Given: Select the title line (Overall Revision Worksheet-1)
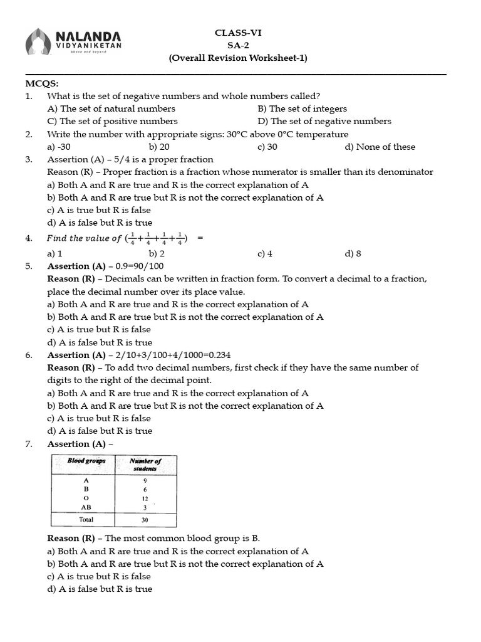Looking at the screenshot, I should tap(238, 58).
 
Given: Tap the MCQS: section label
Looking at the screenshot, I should tap(42, 83).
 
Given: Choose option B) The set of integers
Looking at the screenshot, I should tap(302, 108).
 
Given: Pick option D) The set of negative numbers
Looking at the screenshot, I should tap(324, 121).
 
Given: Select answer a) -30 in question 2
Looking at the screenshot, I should tap(59, 147).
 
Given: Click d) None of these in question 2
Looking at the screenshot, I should tap(380, 147).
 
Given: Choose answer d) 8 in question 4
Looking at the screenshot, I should tap(353, 254).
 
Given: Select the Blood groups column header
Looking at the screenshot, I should tap(86, 461).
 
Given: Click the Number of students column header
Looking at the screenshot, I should tap(145, 465).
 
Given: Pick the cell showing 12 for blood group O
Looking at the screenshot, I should tap(145, 498).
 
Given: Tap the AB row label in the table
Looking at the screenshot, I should tap(86, 507).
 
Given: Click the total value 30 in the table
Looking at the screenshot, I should tap(145, 520).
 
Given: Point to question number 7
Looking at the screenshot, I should tap(29, 444).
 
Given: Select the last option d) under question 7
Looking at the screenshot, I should tap(100, 589).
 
